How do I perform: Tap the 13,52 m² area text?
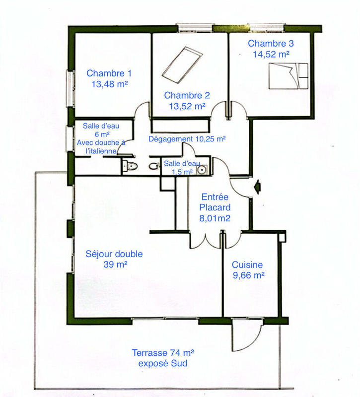pyautogui.click(x=187, y=106)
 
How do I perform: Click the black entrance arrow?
pyautogui.click(x=257, y=187)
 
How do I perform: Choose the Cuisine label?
pyautogui.click(x=247, y=265)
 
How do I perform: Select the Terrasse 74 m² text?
pyautogui.click(x=163, y=353)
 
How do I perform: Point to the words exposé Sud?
pyautogui.click(x=163, y=364)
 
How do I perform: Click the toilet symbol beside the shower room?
pyautogui.click(x=130, y=166)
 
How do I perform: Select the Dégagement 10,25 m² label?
pyautogui.click(x=187, y=139)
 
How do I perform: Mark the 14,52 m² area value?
pyautogui.click(x=269, y=54)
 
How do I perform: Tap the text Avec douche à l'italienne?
pyautogui.click(x=101, y=146)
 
